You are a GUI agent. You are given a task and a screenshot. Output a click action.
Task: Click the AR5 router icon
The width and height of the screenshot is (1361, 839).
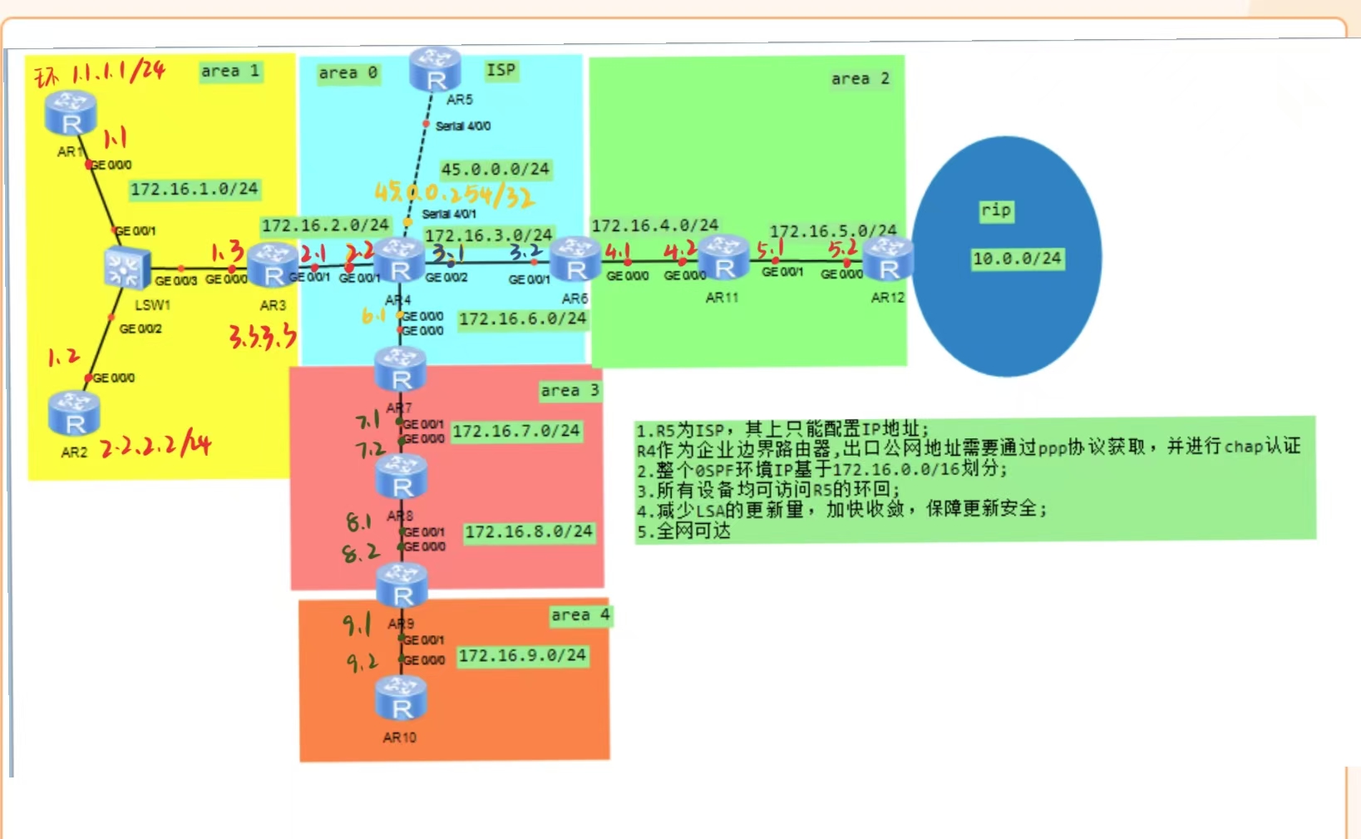[x=435, y=69]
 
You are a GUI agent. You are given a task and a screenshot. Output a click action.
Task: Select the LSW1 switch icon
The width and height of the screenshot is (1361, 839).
[x=126, y=269]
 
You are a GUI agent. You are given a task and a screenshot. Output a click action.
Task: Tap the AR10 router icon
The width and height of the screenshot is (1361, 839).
[x=401, y=698]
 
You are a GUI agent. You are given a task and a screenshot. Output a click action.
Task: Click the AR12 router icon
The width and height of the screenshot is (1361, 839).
[x=888, y=259]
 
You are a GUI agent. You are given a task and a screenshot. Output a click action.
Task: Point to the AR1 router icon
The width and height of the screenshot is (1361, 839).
[x=71, y=114]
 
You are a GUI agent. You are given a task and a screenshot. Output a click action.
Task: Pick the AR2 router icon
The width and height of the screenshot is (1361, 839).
[x=74, y=414]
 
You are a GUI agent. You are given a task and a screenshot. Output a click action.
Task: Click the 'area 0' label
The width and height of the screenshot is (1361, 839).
[x=348, y=73]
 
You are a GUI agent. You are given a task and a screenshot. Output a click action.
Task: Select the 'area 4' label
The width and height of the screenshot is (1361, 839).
[x=580, y=615]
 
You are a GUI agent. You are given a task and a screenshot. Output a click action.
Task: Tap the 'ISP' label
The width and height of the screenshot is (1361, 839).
[x=501, y=70]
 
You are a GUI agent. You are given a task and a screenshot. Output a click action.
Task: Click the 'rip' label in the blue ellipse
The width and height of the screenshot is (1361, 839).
[x=995, y=210]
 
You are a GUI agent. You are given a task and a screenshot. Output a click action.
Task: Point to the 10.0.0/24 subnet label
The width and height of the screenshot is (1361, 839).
[x=1017, y=259]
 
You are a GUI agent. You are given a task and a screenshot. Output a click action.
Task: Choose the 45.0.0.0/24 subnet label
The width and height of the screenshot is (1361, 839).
[x=495, y=169]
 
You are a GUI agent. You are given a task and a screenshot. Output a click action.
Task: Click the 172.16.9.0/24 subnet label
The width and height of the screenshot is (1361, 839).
[x=522, y=655]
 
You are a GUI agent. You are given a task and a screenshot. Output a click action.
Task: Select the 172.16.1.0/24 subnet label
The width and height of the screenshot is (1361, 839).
[x=194, y=189]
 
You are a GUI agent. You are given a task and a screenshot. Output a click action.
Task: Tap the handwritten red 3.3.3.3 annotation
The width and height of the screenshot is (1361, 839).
[x=262, y=336]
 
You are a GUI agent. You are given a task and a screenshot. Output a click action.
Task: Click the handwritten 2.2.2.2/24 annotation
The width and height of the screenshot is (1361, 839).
[x=155, y=446]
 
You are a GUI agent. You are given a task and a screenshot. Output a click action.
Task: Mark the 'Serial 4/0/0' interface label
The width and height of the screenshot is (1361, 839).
[x=462, y=126]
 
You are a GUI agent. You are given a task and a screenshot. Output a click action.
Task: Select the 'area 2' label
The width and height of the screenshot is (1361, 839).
[x=860, y=79]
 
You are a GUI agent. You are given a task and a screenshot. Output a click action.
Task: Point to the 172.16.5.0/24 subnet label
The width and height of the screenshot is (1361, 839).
[x=832, y=230]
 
